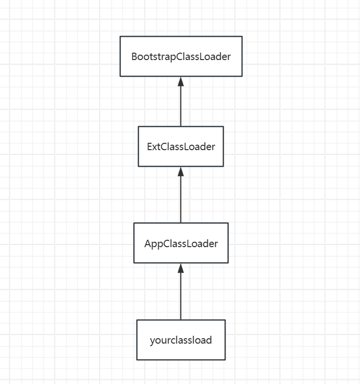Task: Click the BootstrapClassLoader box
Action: pos(181,56)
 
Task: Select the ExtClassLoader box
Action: pos(181,146)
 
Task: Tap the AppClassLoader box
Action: pos(181,243)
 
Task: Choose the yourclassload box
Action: pos(181,340)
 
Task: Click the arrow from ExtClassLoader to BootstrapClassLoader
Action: pos(181,101)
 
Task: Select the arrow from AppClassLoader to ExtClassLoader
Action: pos(181,195)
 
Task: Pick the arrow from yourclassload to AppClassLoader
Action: pos(181,291)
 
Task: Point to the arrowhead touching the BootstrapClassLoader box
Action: pos(181,82)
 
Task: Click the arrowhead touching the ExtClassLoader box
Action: pos(181,172)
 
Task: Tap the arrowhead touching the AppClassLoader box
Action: pos(181,268)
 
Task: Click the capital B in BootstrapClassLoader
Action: pos(134,57)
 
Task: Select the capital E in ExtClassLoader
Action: pos(150,147)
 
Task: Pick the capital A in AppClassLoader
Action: pos(148,244)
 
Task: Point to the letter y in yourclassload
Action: pos(152,341)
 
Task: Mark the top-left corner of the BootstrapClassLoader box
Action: pos(120,36)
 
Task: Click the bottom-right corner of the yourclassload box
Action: pos(225,360)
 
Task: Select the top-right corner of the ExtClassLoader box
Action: pos(223,127)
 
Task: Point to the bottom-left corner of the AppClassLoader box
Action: pos(134,263)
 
